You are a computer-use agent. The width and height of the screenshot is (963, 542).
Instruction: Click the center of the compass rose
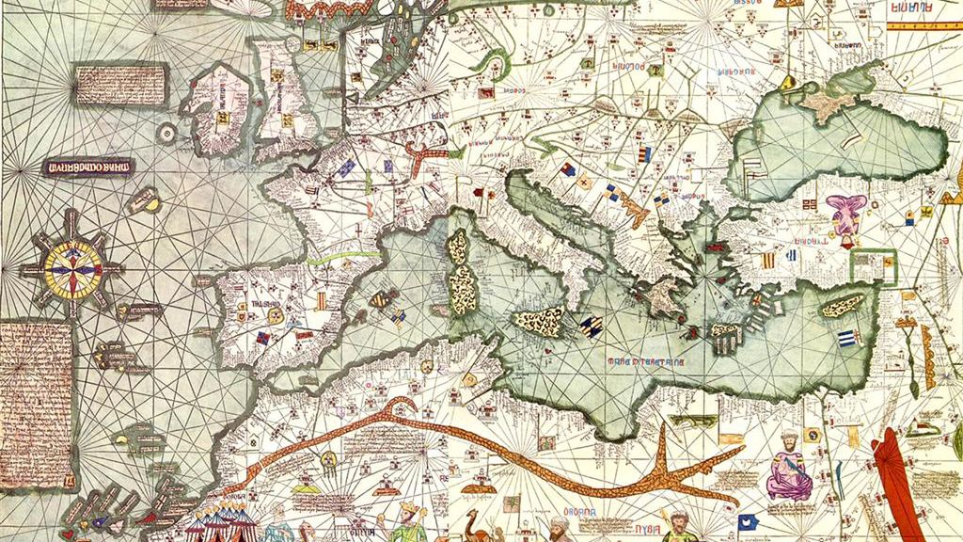[71, 269]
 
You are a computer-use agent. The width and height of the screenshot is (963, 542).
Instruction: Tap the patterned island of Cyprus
[844, 306]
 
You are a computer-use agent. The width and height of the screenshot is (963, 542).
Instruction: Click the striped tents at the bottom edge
[218, 523]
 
